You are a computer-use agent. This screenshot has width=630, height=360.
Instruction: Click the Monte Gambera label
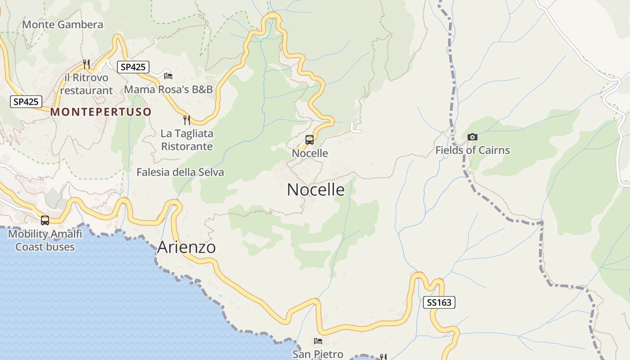coord(63,24)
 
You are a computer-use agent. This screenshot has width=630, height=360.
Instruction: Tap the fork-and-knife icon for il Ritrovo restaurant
coord(86,64)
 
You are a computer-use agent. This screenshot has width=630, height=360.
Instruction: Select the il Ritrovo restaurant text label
coord(86,84)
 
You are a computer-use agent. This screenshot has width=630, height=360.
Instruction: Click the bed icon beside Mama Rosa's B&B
coord(168,76)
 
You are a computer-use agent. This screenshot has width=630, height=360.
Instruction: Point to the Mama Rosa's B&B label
coord(168,89)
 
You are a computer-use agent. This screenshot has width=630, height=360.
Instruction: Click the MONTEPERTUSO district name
coord(101,112)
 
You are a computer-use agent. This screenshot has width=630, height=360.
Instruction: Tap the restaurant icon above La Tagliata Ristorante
coord(187,120)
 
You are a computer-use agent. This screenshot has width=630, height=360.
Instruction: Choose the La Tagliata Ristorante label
coord(187,140)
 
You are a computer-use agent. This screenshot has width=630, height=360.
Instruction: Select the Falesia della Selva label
coord(180,172)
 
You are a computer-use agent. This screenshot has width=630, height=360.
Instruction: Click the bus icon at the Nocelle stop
coord(310,139)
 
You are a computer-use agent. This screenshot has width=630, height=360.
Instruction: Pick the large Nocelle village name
coord(315,189)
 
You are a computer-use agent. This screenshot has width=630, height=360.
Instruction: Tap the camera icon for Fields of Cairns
coord(472,137)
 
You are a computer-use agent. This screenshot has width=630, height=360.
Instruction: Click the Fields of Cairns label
coord(472,150)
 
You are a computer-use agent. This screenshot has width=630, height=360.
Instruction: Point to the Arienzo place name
coord(186,247)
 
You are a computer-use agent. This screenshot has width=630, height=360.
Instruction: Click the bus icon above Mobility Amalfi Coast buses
coord(45,220)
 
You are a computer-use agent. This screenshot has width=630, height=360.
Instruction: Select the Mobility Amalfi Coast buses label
coord(45,240)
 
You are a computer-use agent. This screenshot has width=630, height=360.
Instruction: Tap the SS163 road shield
coord(439,302)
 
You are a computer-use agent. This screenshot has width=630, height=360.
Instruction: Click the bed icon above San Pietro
coord(318,341)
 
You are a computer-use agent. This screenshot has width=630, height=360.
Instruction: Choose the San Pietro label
coord(318,354)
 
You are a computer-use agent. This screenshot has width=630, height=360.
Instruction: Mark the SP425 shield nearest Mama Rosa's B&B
coord(133,67)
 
